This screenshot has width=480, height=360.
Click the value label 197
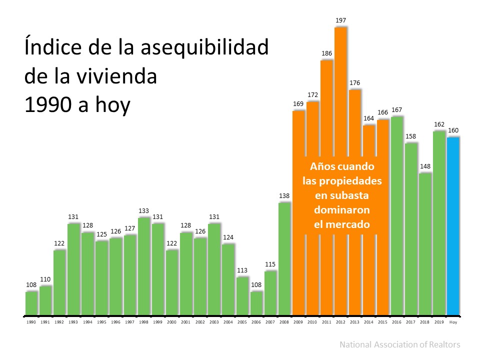(x=341, y=20)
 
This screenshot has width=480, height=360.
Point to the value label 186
(x=326, y=53)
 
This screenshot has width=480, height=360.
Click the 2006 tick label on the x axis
(x=256, y=322)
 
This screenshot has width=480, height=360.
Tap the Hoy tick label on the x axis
(x=453, y=322)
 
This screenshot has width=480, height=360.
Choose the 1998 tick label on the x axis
(x=144, y=322)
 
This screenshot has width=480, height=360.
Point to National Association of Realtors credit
(x=399, y=344)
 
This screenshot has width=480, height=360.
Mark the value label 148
(x=425, y=166)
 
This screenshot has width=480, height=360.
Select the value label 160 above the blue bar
(x=453, y=130)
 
